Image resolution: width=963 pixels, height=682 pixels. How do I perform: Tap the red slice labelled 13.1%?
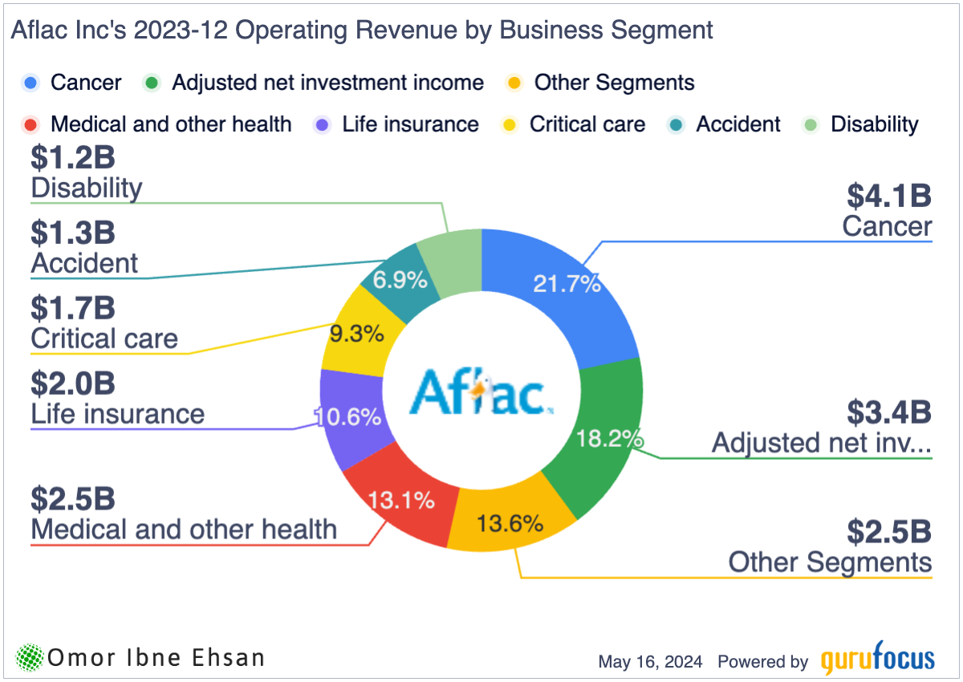(x=402, y=498)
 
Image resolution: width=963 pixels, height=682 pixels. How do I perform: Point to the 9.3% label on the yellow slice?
(x=357, y=334)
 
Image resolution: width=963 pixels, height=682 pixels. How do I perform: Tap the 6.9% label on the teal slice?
(x=400, y=280)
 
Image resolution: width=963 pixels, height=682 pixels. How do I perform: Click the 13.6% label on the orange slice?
(x=510, y=523)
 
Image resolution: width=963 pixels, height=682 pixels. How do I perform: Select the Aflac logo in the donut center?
(x=481, y=392)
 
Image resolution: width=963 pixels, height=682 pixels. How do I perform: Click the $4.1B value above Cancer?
(x=889, y=196)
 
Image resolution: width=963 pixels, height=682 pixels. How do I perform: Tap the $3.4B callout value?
(x=889, y=412)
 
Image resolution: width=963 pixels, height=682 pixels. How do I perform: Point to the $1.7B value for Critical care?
(x=73, y=308)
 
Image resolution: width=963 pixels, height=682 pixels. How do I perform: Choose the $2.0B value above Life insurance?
(x=73, y=384)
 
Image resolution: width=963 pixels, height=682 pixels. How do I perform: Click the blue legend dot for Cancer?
(x=30, y=83)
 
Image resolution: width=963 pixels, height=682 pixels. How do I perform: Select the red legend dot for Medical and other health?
(x=30, y=124)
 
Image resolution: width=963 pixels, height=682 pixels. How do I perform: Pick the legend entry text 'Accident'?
(x=737, y=124)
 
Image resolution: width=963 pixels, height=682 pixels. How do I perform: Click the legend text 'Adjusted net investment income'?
(x=328, y=83)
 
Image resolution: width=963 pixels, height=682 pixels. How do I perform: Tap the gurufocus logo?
(x=877, y=658)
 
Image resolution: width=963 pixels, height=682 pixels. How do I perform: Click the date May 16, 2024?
(x=650, y=662)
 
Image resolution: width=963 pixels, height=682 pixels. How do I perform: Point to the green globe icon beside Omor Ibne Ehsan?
(x=30, y=657)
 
